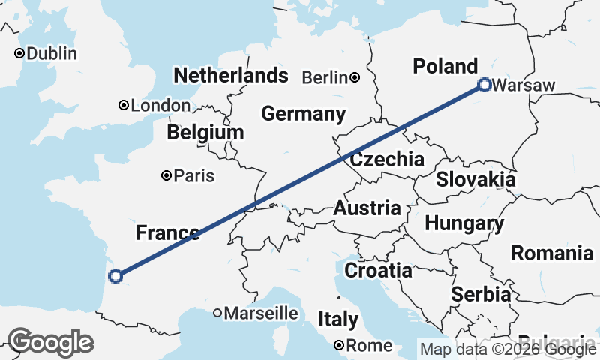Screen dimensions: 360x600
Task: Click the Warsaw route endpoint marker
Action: pos(484,85)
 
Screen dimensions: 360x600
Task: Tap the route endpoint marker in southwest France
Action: pos(115,276)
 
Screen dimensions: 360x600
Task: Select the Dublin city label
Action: pos(52,54)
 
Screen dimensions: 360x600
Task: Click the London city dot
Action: pos(123,106)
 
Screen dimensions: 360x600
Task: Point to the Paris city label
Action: pos(193,177)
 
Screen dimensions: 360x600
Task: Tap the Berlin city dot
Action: pos(354,77)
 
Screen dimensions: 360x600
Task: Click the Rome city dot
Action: pos(340,346)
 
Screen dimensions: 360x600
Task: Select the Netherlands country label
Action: pos(230,75)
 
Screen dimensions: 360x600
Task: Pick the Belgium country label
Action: pos(205,133)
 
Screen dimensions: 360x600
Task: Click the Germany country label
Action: pos(303,114)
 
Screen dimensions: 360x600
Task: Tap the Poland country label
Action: pos(445,66)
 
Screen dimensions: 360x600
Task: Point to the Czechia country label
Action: pos(387,159)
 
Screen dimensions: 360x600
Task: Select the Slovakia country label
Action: pos(475,180)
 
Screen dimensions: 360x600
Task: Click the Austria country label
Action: pos(367,208)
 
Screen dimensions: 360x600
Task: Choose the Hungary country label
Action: pos(464,223)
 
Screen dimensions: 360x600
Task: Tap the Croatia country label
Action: pos(378,270)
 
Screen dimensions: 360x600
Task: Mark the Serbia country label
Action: pos(481,295)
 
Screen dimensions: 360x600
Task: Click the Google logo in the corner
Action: pos(50,343)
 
